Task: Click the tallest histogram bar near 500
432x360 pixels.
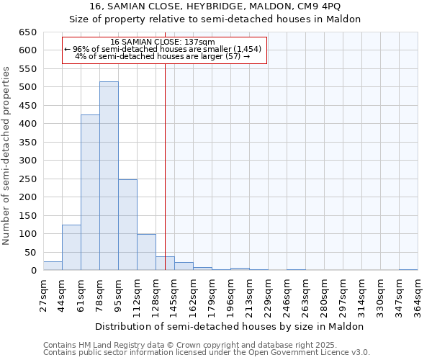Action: tap(109, 176)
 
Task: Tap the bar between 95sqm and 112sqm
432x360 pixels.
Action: tap(127, 225)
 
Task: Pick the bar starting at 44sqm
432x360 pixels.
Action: tap(71, 248)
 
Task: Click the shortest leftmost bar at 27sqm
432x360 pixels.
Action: tap(53, 266)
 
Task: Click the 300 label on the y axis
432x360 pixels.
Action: tap(27, 161)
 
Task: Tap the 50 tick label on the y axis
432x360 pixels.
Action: tap(30, 252)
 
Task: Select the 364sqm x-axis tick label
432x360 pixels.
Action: tap(418, 295)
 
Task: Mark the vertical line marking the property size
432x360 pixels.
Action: tap(165, 166)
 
